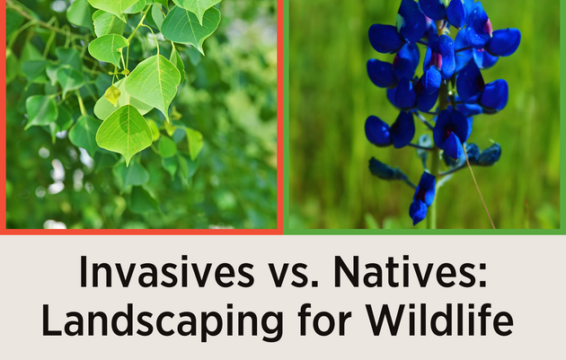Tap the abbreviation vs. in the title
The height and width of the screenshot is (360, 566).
click(287, 273)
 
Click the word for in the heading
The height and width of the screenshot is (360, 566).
click(311, 320)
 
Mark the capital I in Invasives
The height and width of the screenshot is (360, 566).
click(84, 273)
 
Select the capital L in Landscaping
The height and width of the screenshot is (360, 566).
click(51, 320)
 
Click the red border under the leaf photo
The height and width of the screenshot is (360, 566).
click(144, 232)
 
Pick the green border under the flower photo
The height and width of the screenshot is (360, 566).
click(425, 232)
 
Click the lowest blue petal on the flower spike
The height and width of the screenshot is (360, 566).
click(419, 211)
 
